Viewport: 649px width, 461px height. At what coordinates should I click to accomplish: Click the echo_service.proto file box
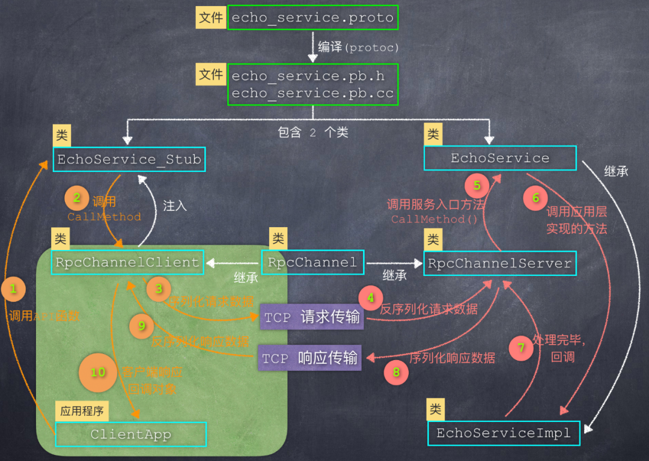(312, 18)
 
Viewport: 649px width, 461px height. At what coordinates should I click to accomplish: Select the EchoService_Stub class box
(129, 160)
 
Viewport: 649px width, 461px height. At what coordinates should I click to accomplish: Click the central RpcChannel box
(312, 263)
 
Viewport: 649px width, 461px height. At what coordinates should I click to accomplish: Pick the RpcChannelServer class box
(499, 263)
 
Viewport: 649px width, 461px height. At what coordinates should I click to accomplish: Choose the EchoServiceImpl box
(504, 433)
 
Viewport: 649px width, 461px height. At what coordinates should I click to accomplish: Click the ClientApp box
(130, 434)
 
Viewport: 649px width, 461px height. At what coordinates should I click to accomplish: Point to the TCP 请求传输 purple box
(312, 317)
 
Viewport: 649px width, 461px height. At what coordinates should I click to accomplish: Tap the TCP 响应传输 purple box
(310, 358)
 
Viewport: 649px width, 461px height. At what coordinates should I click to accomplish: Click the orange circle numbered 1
(13, 289)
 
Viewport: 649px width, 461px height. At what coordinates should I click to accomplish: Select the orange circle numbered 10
(98, 373)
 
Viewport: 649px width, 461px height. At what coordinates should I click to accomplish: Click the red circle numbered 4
(371, 298)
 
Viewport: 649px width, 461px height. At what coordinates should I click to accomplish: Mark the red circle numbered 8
(396, 373)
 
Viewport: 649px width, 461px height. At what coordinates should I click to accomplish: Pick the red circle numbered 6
(535, 198)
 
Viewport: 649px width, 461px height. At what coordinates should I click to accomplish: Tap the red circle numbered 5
(477, 186)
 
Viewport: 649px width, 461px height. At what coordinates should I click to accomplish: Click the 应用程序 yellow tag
(82, 412)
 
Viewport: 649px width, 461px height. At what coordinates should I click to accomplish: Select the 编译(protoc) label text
(358, 47)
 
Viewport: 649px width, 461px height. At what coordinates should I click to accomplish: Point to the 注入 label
(175, 206)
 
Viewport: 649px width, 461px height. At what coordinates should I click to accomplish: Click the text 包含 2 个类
(312, 132)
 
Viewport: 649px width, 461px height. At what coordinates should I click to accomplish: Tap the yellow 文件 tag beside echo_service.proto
(211, 18)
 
